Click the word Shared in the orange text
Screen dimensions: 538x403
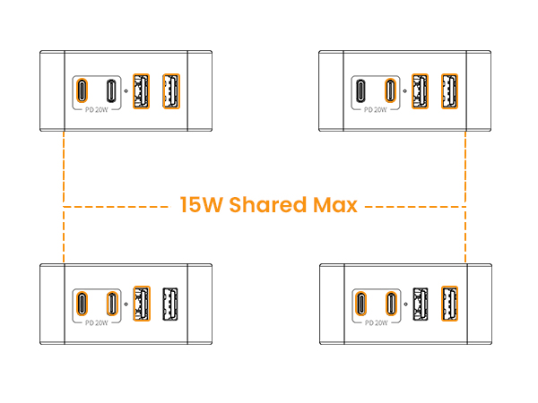(x=267, y=204)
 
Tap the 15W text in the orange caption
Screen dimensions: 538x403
(x=202, y=204)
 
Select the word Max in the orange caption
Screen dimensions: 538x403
(x=335, y=205)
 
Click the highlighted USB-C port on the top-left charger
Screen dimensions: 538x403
(x=82, y=90)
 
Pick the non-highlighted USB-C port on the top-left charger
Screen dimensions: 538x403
(x=111, y=90)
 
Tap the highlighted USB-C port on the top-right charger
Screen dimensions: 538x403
(x=390, y=90)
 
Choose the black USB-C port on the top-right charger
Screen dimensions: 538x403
(x=360, y=90)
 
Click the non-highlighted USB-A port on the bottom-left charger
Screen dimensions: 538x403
(x=170, y=304)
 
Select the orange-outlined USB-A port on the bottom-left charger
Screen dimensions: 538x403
(x=142, y=304)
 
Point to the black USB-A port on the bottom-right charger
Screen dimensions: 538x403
(x=421, y=304)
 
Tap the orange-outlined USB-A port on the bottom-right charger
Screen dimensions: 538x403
(x=449, y=304)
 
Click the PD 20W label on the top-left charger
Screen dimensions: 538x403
(x=97, y=110)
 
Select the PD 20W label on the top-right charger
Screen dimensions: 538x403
(x=376, y=110)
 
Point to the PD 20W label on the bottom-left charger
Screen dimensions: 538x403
(x=97, y=323)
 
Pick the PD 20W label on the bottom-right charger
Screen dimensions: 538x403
(x=376, y=323)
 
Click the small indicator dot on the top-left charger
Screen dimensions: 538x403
(x=126, y=90)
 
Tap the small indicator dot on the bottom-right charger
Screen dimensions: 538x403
(x=405, y=304)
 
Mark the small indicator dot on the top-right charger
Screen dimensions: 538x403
(x=405, y=90)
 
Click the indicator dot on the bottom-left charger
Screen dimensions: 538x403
(x=126, y=304)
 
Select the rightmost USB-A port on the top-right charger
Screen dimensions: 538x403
(x=449, y=91)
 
